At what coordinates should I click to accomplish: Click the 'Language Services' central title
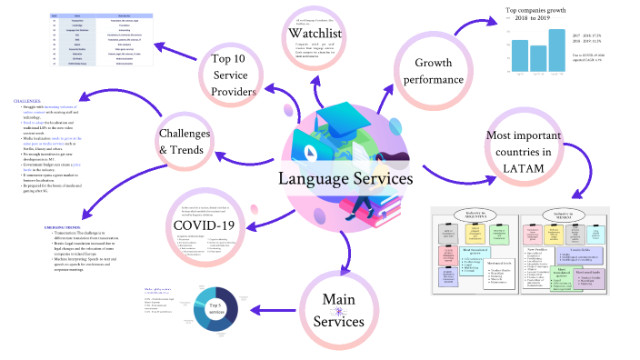click(x=345, y=179)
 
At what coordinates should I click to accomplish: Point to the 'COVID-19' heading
click(x=204, y=225)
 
